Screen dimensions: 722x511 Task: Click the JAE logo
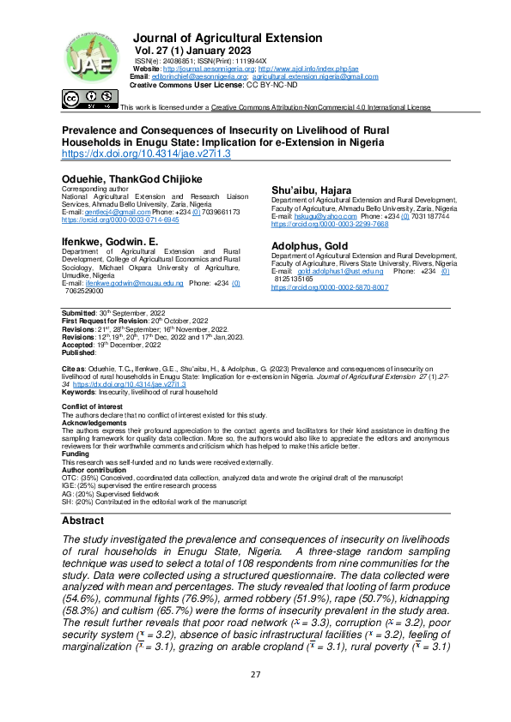point(86,57)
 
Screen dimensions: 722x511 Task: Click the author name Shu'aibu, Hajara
point(311,189)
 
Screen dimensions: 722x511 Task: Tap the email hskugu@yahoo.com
point(327,217)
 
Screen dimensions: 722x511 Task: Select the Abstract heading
point(84,520)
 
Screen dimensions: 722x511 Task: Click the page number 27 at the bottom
point(255,697)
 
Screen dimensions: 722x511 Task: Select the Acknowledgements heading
point(94,422)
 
